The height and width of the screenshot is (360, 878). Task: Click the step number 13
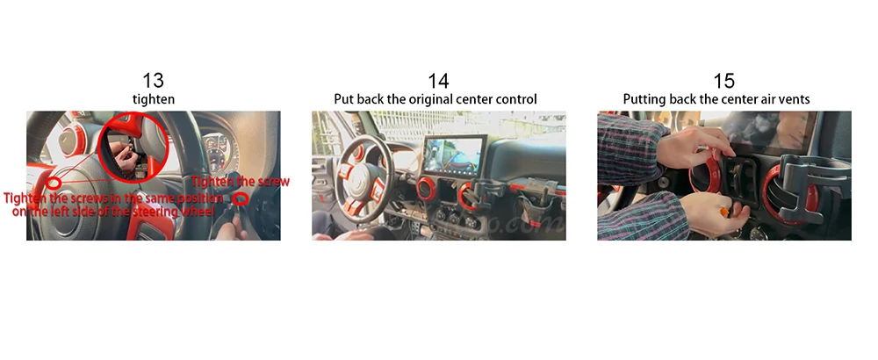point(153,81)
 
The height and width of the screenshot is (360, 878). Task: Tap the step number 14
point(438,81)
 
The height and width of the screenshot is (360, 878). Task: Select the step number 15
point(724,81)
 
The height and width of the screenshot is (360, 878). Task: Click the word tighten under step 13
point(154,99)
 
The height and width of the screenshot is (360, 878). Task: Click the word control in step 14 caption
point(516,99)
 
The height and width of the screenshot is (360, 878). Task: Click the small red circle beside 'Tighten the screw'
point(241,198)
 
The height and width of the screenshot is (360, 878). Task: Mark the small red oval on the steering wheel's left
point(54,184)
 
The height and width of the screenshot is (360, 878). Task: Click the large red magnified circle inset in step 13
point(133,147)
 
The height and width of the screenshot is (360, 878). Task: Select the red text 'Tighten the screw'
point(241,182)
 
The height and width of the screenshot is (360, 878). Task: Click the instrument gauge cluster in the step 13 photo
point(216,149)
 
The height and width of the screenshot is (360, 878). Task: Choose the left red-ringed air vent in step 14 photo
point(427,189)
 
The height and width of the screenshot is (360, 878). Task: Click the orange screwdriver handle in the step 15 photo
point(724,212)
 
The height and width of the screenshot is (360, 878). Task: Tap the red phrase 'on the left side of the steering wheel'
point(113,212)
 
